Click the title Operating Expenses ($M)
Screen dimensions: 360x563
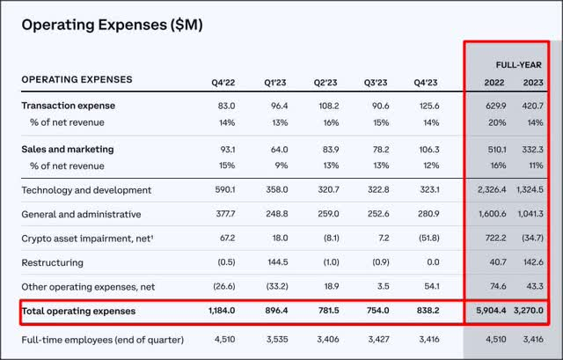point(112,25)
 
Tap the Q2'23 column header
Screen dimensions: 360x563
point(326,81)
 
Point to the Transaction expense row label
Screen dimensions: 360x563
point(69,106)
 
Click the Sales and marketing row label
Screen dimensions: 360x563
point(68,149)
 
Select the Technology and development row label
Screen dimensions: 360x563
point(86,189)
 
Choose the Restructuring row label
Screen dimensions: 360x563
point(52,261)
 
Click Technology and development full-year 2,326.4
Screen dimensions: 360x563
point(483,189)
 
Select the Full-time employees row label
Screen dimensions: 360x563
point(102,340)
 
